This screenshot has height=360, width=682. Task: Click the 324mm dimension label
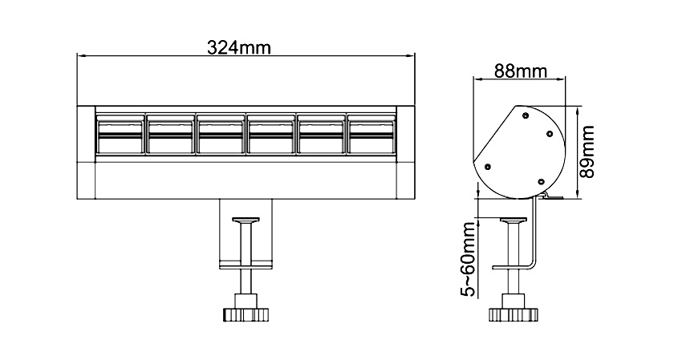(x=238, y=47)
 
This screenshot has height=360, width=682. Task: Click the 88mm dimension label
(x=520, y=71)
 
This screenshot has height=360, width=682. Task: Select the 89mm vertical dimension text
(x=587, y=152)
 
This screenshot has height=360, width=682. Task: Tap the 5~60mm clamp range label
(x=469, y=259)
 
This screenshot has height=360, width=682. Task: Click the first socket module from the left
(x=120, y=134)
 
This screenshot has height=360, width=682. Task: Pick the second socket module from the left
(x=170, y=134)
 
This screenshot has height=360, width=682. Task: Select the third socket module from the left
(x=220, y=134)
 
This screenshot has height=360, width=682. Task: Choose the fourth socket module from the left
(x=270, y=134)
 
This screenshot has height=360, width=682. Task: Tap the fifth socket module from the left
(x=321, y=134)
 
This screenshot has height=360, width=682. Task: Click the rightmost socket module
(x=371, y=134)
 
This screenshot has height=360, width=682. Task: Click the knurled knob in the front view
(x=246, y=314)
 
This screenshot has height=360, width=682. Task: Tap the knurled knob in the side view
(x=514, y=314)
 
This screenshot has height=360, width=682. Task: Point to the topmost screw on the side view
(x=526, y=115)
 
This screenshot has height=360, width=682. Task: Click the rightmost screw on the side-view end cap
(x=550, y=133)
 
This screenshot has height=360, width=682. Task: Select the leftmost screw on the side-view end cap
(x=488, y=167)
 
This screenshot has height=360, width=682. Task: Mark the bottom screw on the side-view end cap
(x=541, y=181)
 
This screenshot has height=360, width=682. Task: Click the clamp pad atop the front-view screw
(x=246, y=220)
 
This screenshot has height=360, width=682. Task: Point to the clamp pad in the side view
(x=514, y=220)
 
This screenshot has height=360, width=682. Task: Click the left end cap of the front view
(x=86, y=152)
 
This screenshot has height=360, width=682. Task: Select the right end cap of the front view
(x=406, y=152)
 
